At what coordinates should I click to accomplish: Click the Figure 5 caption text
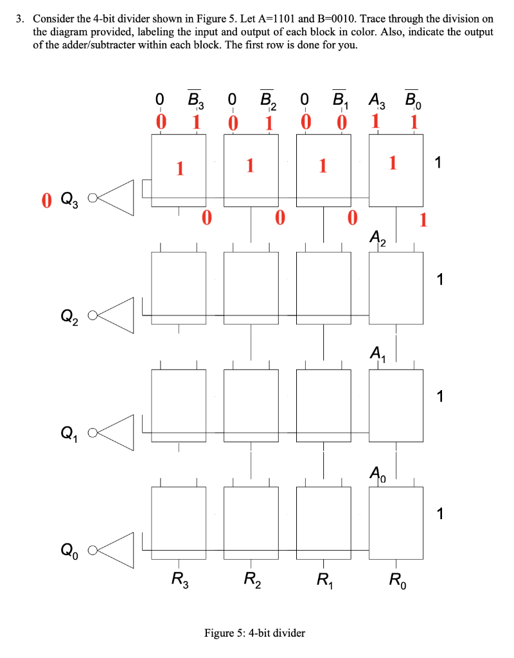pos(254,633)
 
